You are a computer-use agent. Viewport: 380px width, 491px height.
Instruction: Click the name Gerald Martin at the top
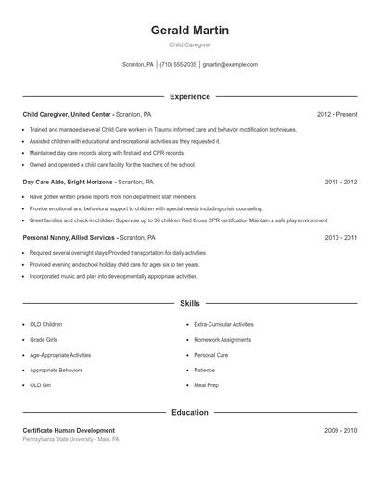coord(189,31)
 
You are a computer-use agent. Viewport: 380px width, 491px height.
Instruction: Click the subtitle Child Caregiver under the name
coord(189,44)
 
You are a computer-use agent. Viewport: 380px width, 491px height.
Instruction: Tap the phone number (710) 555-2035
coord(178,65)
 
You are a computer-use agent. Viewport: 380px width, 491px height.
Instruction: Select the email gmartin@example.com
coord(230,65)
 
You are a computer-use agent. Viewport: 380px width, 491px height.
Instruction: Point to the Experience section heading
coord(189,96)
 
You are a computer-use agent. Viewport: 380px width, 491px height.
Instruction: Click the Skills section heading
coord(189,303)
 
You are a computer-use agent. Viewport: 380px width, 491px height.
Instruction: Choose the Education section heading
coord(189,412)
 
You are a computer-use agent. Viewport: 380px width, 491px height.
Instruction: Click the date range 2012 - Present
coord(336,114)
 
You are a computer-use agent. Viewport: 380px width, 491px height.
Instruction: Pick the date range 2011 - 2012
coord(341,183)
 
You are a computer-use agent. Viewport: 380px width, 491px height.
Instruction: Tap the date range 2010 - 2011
coord(341,237)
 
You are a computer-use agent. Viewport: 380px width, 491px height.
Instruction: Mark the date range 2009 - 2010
coord(341,430)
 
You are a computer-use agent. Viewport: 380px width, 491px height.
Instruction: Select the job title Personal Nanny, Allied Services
coord(70,237)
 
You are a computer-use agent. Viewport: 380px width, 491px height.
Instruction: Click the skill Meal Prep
coord(207,384)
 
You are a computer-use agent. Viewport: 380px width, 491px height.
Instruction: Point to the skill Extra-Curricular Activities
coord(223,325)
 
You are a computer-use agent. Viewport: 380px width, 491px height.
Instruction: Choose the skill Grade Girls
coord(44,340)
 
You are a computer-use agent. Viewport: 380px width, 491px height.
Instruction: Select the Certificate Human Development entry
coord(69,430)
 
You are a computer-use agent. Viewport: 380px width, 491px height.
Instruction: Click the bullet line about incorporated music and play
coord(113,276)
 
